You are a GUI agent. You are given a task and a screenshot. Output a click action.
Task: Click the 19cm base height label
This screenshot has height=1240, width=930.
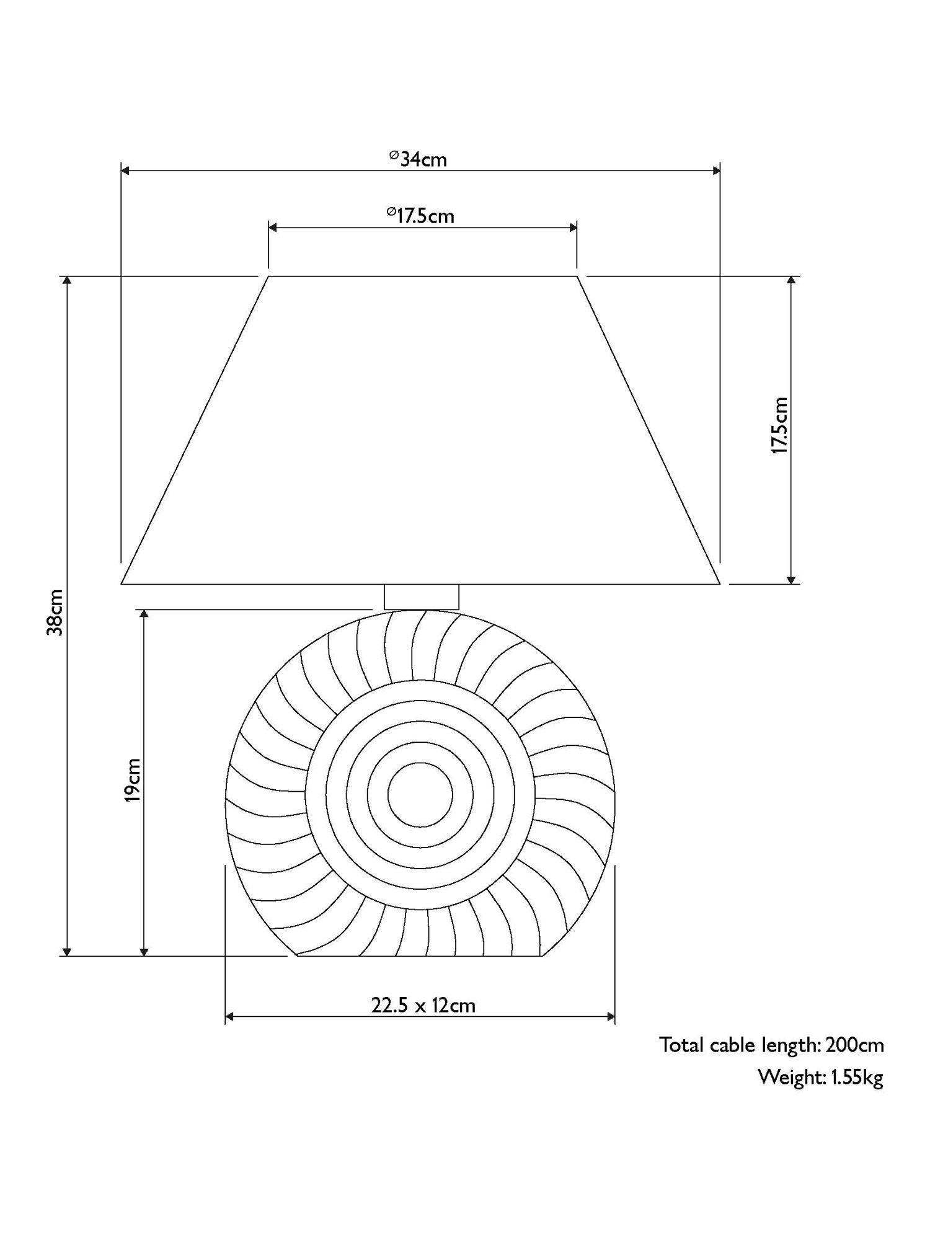pyautogui.click(x=131, y=779)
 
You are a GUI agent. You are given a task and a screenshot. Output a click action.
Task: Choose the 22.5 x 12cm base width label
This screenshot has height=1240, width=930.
pyautogui.click(x=423, y=1005)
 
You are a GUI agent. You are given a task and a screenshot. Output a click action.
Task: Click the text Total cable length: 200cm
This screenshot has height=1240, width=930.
pyautogui.click(x=771, y=1045)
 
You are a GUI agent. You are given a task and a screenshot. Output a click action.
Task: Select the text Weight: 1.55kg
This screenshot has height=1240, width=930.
pyautogui.click(x=820, y=1077)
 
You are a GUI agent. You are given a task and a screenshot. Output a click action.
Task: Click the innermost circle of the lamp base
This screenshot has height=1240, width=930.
pyautogui.click(x=420, y=795)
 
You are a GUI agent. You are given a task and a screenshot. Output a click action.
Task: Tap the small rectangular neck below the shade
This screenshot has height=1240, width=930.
pyautogui.click(x=422, y=596)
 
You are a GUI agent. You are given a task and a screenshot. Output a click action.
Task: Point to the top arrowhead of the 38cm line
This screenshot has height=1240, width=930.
pyautogui.click(x=68, y=281)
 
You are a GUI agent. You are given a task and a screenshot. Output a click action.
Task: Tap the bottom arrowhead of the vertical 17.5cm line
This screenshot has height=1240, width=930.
pyautogui.click(x=790, y=578)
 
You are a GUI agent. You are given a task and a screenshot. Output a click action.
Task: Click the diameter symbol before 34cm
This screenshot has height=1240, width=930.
pyautogui.click(x=393, y=156)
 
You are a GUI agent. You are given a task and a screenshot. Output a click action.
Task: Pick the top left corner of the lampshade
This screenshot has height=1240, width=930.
pyautogui.click(x=268, y=277)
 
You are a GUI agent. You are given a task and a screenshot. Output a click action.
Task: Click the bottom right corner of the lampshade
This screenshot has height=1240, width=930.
pyautogui.click(x=719, y=583)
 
